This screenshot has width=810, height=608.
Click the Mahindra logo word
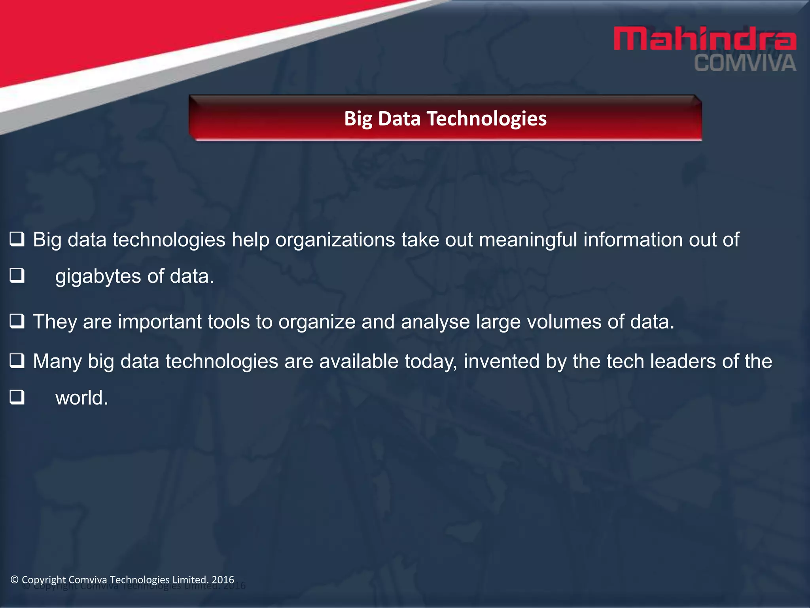click(x=704, y=39)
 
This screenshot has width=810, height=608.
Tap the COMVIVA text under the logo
click(x=745, y=64)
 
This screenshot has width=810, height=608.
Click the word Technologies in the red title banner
click(x=486, y=118)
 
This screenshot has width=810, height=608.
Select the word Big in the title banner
click(x=358, y=119)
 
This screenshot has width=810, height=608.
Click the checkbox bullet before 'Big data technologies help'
click(x=17, y=239)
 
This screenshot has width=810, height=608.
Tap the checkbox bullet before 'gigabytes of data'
click(x=17, y=275)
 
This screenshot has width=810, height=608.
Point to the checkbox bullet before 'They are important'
click(x=17, y=321)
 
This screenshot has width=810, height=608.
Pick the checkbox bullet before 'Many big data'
click(x=17, y=361)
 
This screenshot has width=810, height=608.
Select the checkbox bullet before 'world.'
click(x=17, y=397)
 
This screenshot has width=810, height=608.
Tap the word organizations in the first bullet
click(x=335, y=240)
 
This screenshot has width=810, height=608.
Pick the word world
click(x=81, y=398)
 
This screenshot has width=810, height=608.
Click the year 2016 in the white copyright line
click(x=223, y=579)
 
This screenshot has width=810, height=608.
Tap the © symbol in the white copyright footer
click(x=15, y=580)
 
